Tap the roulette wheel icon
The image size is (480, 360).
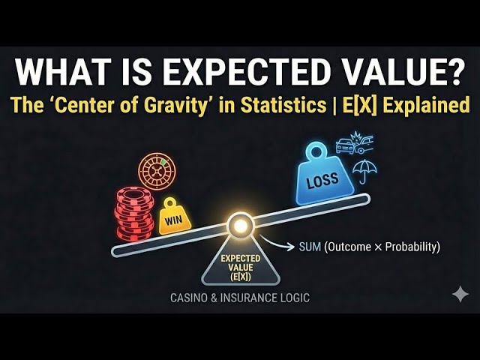[x=157, y=171]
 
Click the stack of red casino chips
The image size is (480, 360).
[x=133, y=214]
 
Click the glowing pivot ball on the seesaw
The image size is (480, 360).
[x=240, y=225]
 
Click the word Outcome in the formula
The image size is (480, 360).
[x=352, y=247]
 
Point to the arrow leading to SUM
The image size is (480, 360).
[x=285, y=245]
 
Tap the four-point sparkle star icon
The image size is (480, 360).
[x=460, y=294]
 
